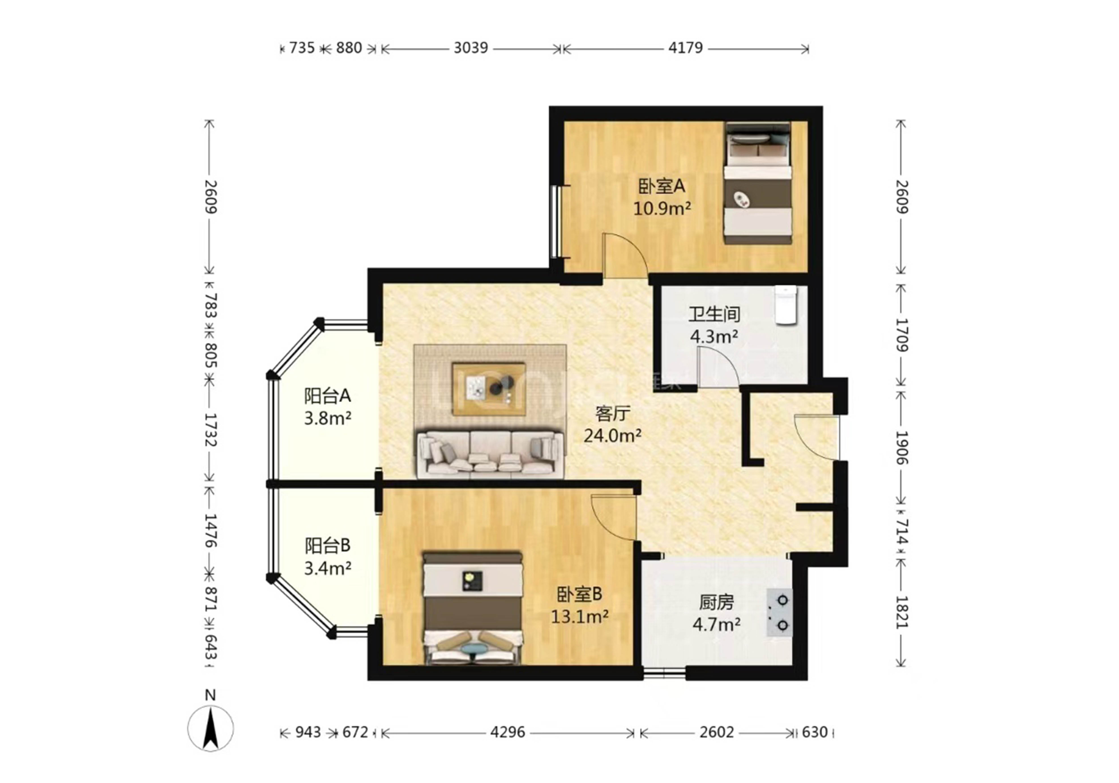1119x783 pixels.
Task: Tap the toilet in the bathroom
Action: [786, 305]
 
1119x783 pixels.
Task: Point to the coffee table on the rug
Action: [489, 388]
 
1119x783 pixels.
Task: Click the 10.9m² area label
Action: [662, 209]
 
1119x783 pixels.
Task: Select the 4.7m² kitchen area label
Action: [716, 624]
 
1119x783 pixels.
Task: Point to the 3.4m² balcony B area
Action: [327, 568]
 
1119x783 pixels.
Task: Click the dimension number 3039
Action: [471, 48]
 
